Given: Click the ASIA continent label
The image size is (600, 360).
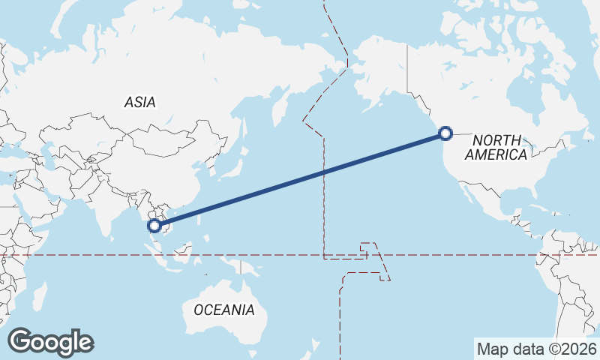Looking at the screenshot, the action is coord(140,103).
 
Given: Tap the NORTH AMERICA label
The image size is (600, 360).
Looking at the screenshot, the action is coord(496,147).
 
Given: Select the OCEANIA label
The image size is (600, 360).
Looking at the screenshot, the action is coord(223,310).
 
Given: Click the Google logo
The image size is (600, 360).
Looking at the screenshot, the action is coord(50,342).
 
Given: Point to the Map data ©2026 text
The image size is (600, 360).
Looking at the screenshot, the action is coord(536,349).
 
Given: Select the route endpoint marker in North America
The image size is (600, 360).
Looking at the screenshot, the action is coord(445,133).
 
